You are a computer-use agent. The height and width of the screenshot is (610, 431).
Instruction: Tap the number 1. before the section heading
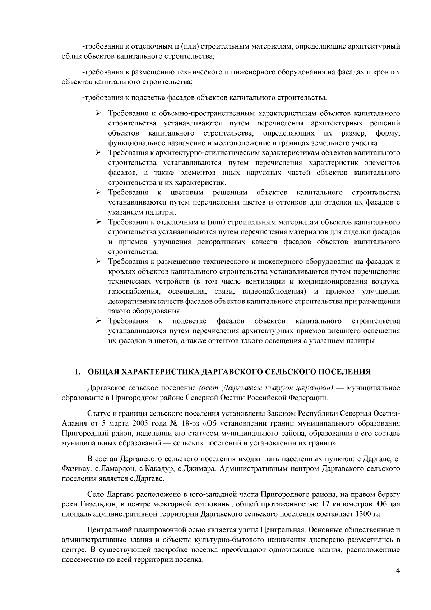tap(77, 371)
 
